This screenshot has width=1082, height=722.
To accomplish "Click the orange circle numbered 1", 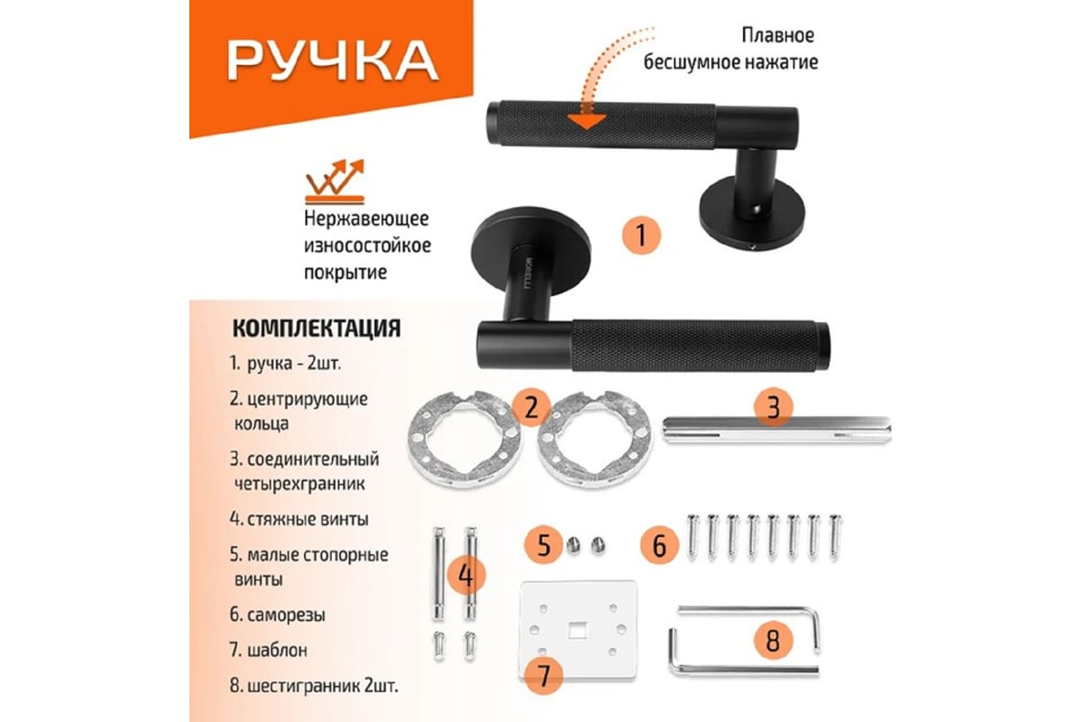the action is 641,236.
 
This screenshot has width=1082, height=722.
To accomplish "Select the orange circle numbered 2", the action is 531,408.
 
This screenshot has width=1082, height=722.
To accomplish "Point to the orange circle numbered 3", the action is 774,407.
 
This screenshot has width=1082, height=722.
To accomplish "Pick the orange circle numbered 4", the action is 465,576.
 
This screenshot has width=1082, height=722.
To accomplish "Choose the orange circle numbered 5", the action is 544,545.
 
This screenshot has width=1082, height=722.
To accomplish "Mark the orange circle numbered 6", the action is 659,545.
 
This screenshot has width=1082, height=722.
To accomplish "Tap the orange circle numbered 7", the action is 544,676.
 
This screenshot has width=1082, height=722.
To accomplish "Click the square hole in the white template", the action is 576,630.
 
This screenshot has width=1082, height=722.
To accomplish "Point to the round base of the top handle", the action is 752,213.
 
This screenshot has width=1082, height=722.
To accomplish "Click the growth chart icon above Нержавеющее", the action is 335,180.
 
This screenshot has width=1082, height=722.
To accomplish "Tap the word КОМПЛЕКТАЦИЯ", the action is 316,328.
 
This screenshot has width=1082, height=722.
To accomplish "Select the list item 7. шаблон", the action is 269,650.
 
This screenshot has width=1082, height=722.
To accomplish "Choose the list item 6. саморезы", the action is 278,615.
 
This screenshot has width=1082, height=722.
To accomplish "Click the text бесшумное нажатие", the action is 731,62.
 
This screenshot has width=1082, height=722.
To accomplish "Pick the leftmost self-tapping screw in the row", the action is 693,538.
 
